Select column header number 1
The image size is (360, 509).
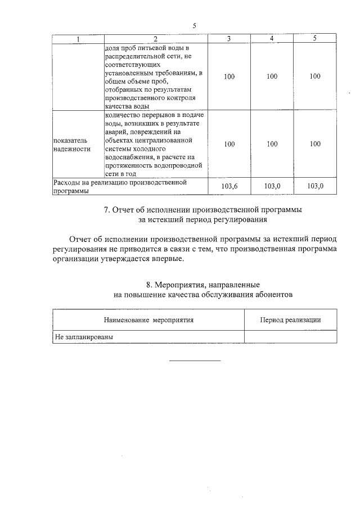point(78,38)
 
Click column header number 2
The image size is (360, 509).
point(156,38)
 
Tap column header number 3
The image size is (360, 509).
point(229,38)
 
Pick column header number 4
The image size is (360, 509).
point(272,38)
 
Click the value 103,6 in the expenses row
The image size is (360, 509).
point(229,186)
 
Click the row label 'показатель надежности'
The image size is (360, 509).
point(71,144)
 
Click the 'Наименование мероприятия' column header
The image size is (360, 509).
point(148,319)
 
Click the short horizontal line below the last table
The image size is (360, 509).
point(195,361)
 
